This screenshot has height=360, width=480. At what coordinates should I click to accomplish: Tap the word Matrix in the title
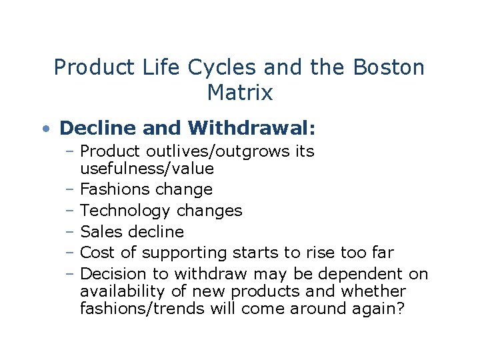(x=240, y=93)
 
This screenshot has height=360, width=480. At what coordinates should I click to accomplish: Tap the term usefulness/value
(x=147, y=169)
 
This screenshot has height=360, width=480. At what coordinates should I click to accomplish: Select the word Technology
(x=125, y=211)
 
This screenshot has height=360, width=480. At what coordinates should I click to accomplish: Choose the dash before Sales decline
(x=70, y=232)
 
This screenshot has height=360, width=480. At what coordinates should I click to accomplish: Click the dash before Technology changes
(x=70, y=211)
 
